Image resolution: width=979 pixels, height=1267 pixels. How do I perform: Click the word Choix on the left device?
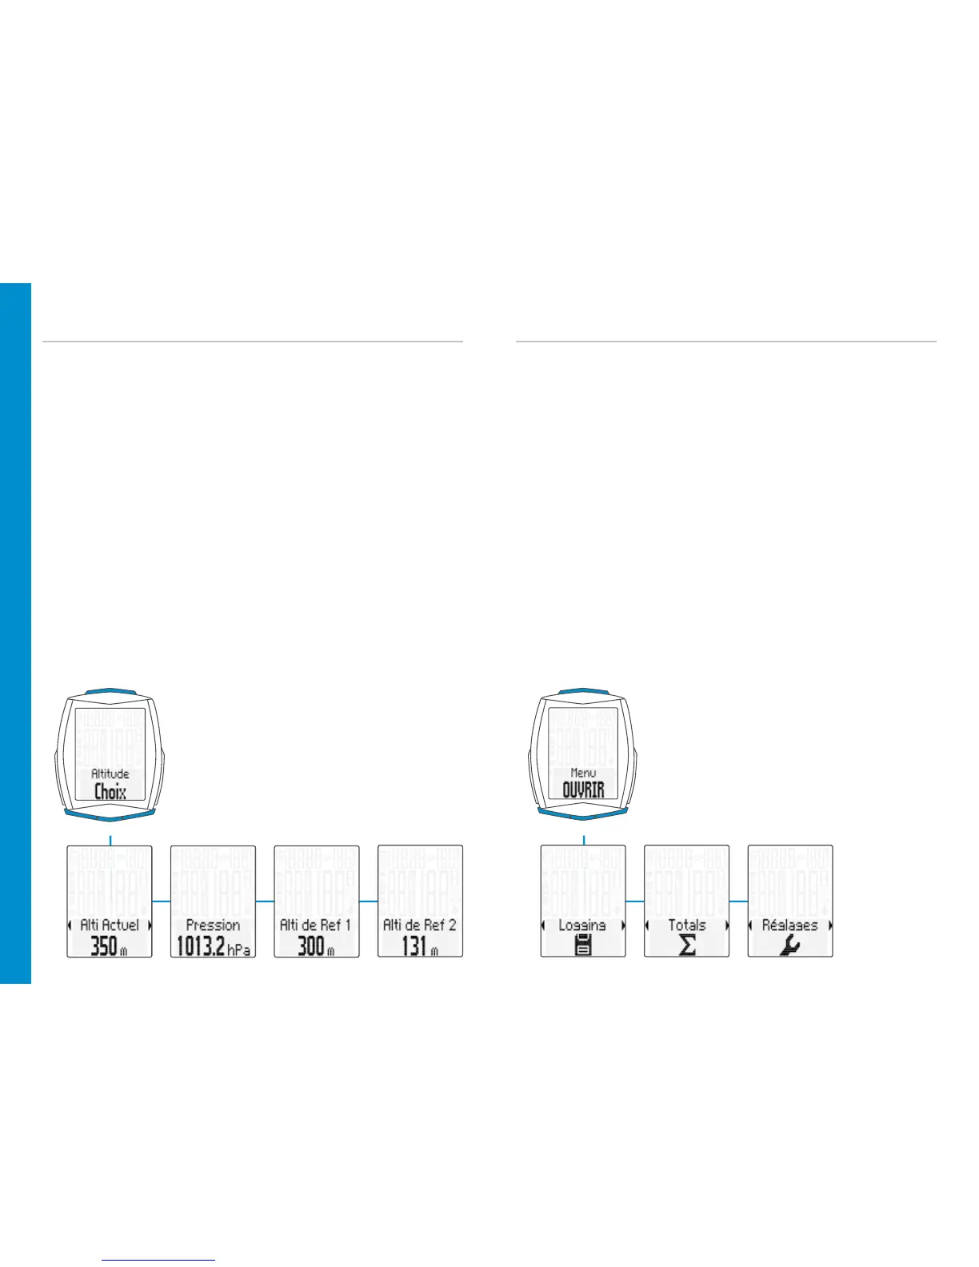point(110,792)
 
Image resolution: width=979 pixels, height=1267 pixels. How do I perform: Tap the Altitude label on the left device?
point(110,773)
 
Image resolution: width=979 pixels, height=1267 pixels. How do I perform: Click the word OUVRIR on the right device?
point(584,790)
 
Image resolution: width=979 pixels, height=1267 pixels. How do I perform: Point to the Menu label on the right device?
point(584,773)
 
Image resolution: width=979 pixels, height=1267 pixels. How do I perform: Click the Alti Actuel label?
point(110,925)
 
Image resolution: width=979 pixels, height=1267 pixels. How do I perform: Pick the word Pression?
point(213,925)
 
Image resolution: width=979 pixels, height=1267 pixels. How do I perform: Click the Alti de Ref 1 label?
point(316,925)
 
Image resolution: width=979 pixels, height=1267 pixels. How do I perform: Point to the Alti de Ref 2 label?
point(420,925)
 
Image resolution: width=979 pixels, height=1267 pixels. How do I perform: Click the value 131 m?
point(420,947)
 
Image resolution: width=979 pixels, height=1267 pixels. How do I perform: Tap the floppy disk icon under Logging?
point(584,946)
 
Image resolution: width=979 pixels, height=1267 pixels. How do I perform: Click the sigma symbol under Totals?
point(687,946)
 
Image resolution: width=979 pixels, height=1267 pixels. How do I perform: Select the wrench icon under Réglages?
point(790,946)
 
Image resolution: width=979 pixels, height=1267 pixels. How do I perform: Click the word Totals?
point(687,925)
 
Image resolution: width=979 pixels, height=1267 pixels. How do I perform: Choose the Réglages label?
point(790,925)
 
